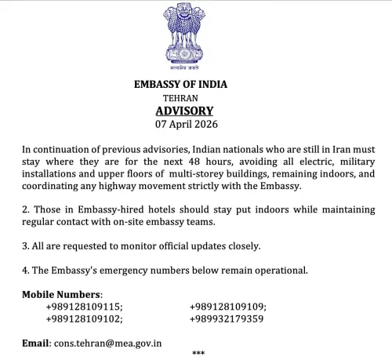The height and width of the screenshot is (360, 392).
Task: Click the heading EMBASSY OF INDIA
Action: tap(196, 84)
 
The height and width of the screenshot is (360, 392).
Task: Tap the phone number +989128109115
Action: tap(85, 307)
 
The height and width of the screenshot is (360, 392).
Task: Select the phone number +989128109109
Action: tap(228, 307)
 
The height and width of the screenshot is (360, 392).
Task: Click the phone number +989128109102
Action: tap(85, 319)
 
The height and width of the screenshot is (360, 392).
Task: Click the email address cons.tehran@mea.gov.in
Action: tap(107, 343)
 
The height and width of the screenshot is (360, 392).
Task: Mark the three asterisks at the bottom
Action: tap(198, 355)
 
